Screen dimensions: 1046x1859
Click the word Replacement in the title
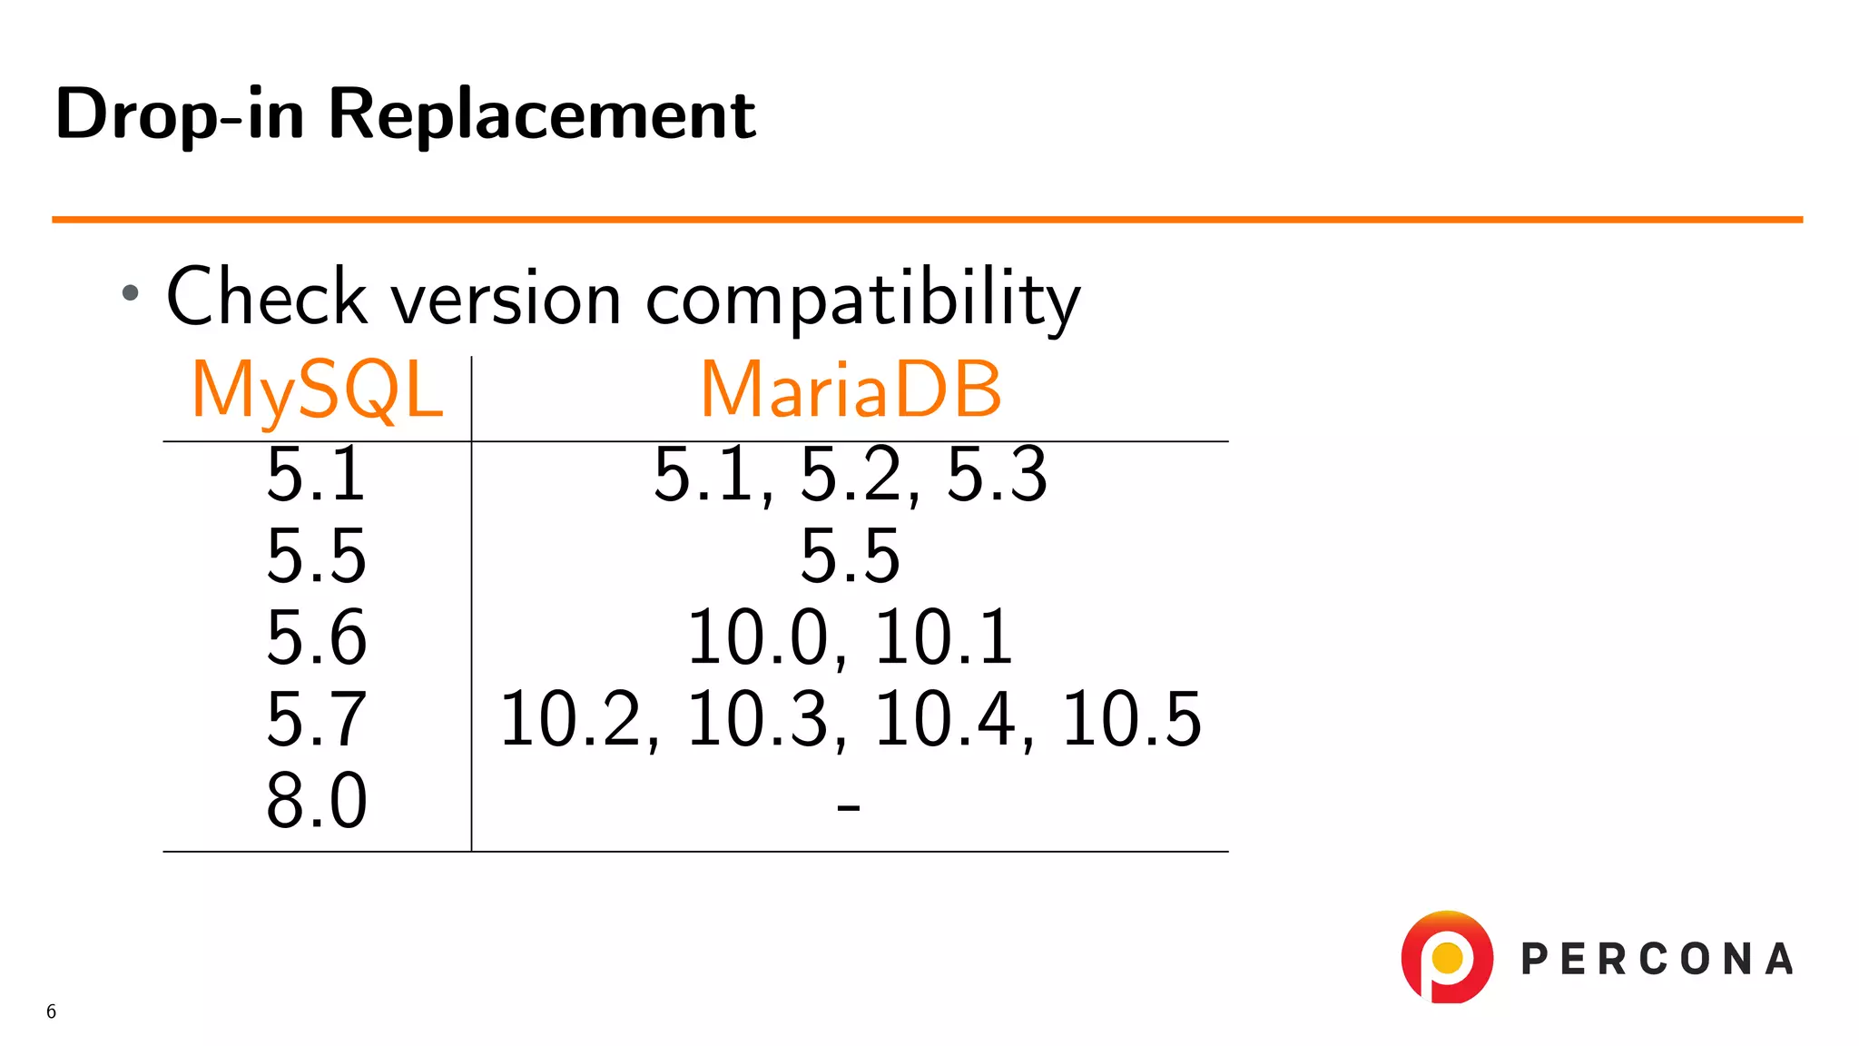coord(541,114)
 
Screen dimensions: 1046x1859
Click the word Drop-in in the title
coord(179,114)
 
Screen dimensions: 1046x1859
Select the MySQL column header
coord(317,390)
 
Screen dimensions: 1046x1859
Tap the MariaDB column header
coord(851,390)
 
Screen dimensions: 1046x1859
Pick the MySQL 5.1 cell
coord(316,474)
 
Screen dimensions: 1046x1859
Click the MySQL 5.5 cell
coord(316,556)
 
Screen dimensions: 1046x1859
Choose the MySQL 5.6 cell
coord(316,637)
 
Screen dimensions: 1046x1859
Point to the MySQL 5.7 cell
coord(316,719)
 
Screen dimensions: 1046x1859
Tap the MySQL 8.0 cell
coord(316,801)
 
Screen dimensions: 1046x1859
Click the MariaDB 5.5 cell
coord(850,556)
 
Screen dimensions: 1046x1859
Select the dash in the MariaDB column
coord(849,805)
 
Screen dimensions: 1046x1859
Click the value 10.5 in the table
coord(1131,719)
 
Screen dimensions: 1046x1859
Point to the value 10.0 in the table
coord(758,637)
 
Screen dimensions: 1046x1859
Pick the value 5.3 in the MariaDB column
coord(997,474)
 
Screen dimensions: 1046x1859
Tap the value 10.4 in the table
coord(944,719)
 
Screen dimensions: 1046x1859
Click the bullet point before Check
coord(131,292)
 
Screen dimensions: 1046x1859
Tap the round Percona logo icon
coord(1447,957)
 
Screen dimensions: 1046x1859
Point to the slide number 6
coord(51,1011)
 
